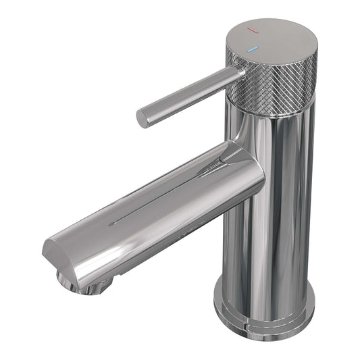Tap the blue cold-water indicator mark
(253, 49)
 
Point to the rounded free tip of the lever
(143, 118)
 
